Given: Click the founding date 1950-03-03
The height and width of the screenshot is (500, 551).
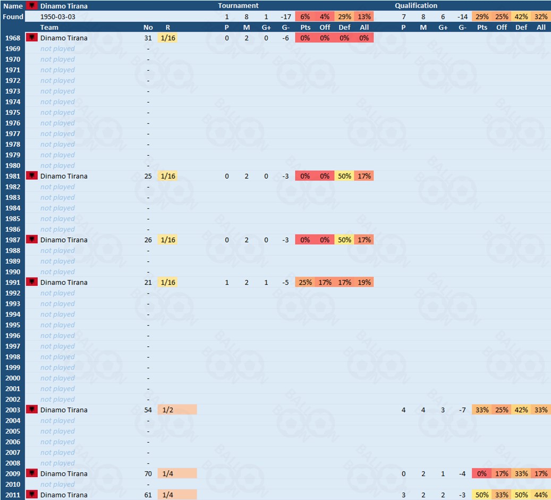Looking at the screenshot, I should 58,16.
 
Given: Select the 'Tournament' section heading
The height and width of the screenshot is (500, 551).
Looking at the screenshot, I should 238,6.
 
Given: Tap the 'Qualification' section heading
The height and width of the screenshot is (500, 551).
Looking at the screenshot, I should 416,6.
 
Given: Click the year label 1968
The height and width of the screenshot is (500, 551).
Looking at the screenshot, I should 13,38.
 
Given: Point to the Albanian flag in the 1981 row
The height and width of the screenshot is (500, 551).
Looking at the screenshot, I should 32,176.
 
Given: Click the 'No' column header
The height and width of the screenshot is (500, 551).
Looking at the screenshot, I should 148,27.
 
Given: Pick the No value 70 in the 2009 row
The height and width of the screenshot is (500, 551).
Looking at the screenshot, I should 148,474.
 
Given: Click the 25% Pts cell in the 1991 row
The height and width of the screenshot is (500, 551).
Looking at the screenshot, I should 305,282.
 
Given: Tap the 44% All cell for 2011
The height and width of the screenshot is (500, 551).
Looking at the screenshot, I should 541,495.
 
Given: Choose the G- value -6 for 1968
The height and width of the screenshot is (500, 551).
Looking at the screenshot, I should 285,38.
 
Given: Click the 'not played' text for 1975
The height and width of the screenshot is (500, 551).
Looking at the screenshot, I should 57,112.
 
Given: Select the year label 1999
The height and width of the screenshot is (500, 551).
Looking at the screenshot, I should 13,368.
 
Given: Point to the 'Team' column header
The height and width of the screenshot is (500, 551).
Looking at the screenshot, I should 49,27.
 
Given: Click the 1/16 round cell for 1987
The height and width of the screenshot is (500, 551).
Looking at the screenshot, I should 168,240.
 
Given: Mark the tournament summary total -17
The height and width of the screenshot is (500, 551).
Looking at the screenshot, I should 285,16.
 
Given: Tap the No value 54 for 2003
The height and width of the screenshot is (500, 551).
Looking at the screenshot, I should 148,410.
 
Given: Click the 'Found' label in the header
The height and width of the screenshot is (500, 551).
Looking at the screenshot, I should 13,16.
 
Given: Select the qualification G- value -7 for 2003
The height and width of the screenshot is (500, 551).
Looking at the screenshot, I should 463,410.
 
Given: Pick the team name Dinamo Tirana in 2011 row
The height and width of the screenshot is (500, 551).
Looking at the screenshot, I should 64,495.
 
